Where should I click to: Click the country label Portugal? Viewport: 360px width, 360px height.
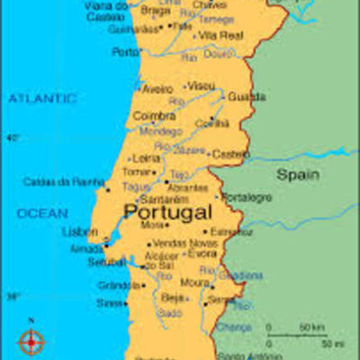point(168,212)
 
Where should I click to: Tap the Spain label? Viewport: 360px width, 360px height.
point(297,173)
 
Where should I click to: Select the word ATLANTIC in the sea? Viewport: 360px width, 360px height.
point(42,98)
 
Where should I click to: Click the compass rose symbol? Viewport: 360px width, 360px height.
point(31,340)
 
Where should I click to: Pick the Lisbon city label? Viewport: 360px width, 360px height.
point(79,231)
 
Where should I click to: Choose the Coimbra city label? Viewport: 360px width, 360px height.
point(154,116)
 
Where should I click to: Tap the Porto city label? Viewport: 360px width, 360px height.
point(125,52)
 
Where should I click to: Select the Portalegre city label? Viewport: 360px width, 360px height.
point(246,197)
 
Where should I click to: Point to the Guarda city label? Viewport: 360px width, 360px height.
point(246,96)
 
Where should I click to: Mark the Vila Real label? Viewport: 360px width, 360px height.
point(220,35)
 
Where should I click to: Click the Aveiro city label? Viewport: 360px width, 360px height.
point(157,89)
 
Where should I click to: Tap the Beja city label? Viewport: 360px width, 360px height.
point(170,297)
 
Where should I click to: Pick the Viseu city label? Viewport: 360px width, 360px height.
point(202,85)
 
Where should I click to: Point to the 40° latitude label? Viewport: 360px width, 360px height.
point(13,138)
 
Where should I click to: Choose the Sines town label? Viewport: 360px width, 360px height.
point(109,303)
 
